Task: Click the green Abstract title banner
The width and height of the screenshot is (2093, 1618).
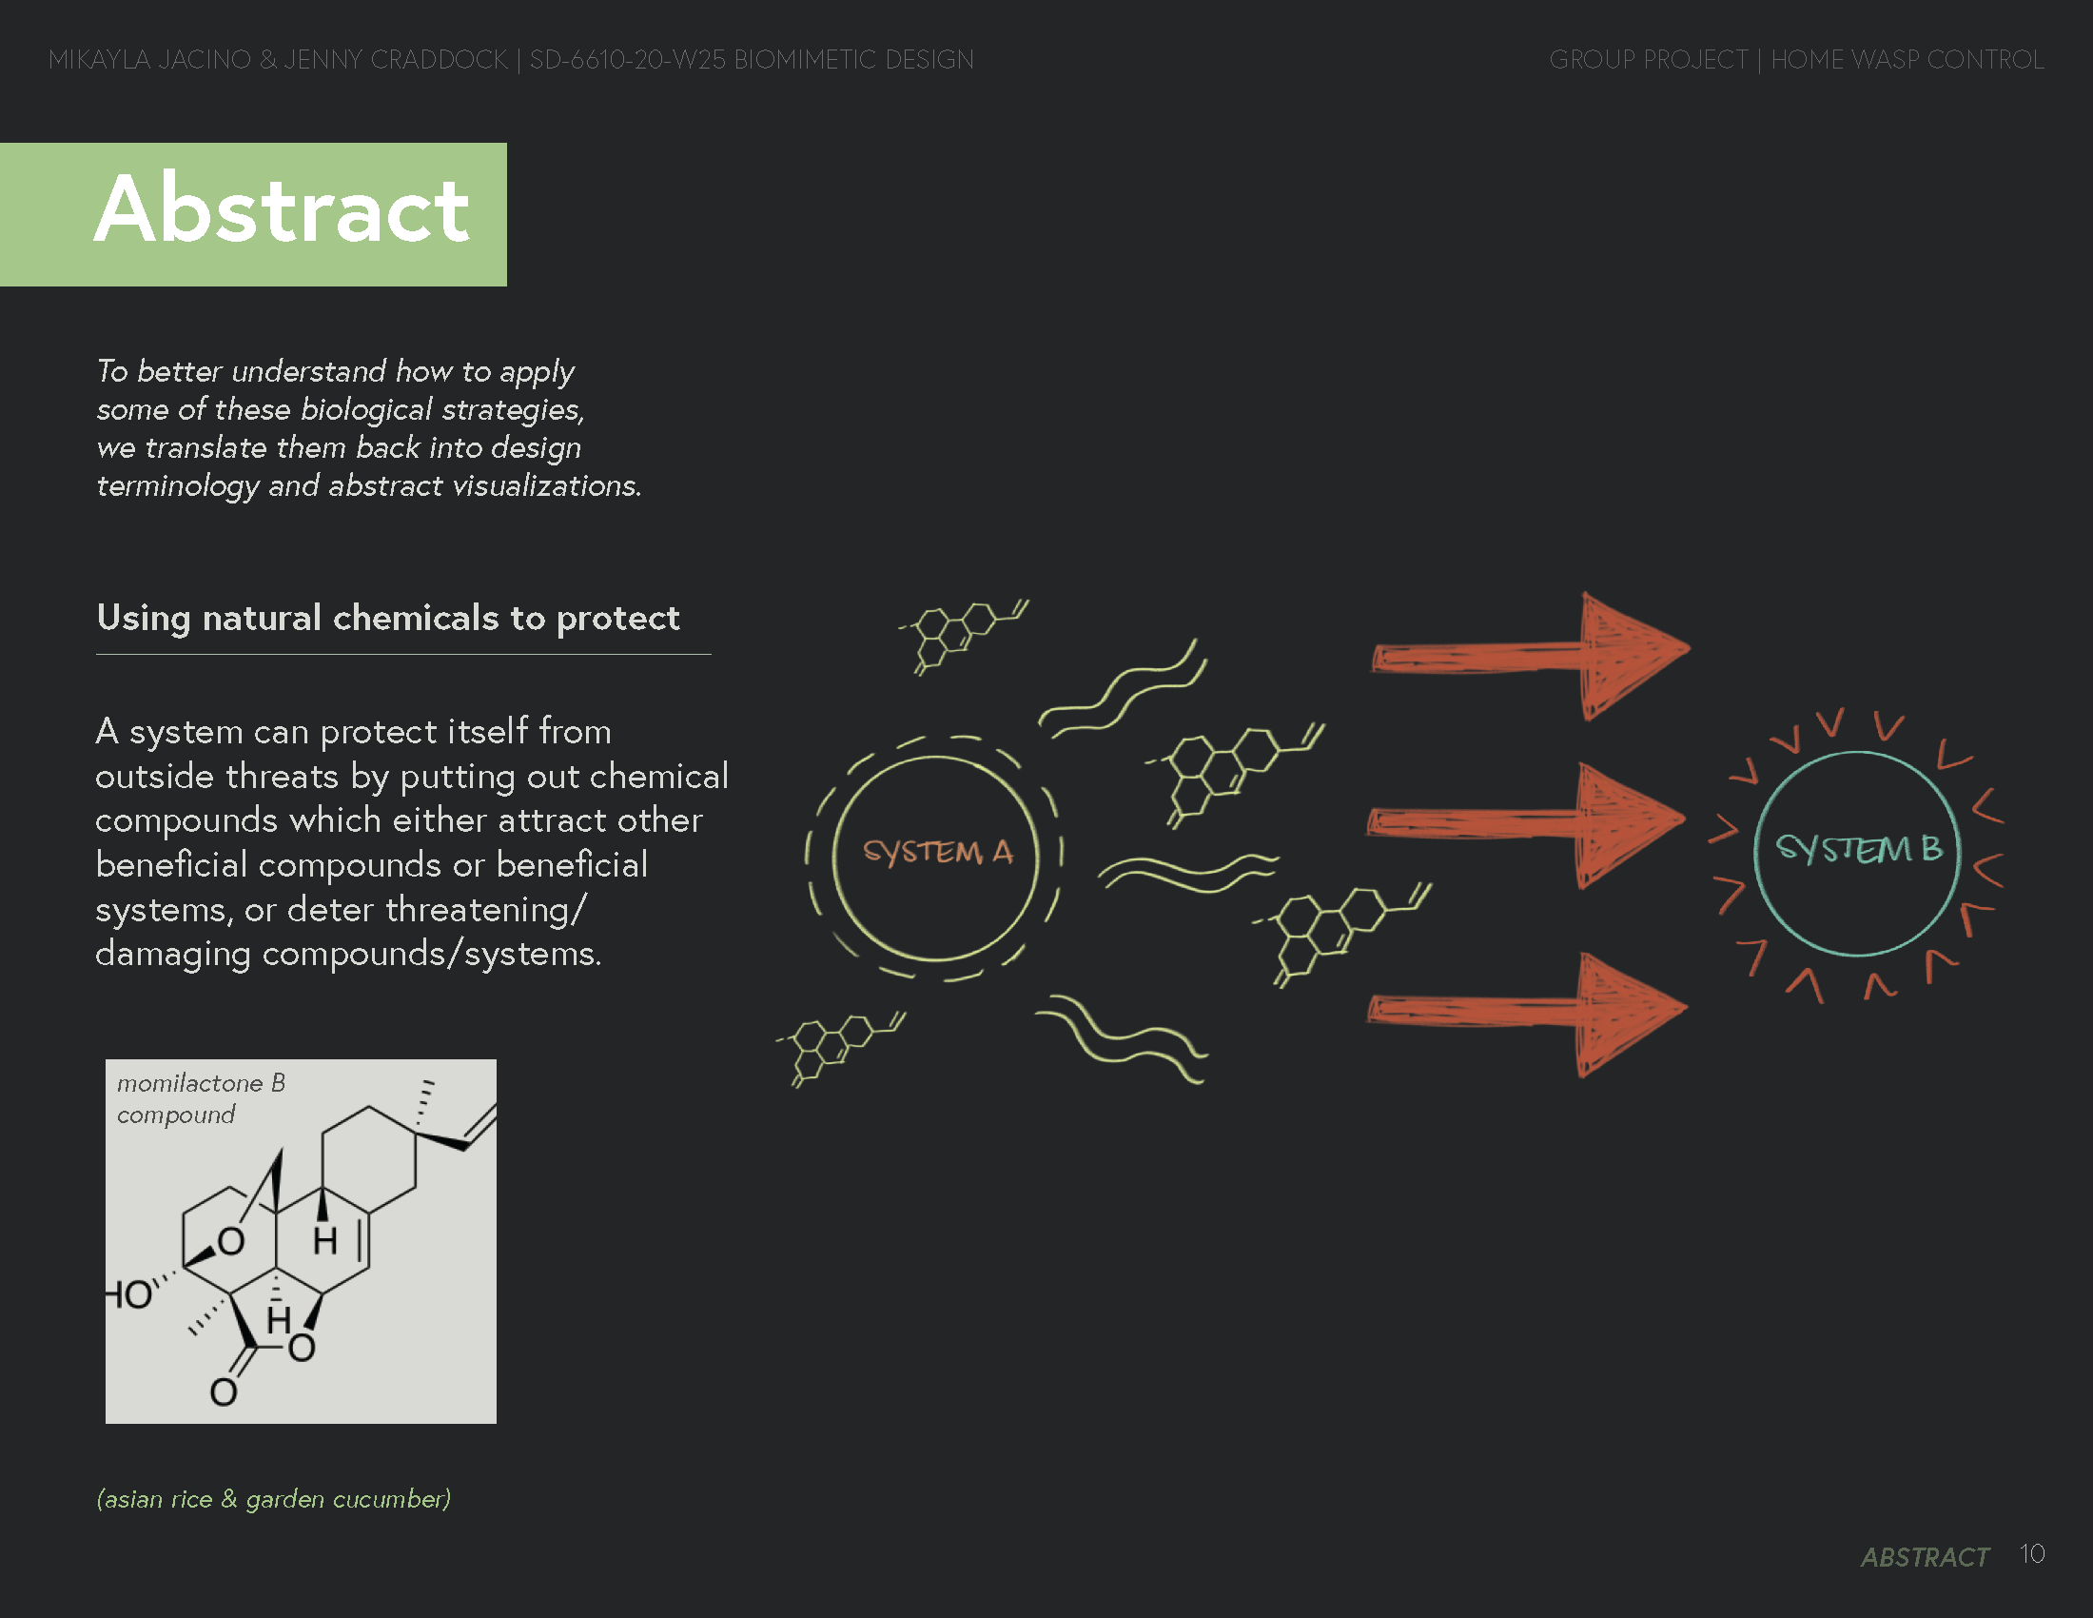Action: point(253,214)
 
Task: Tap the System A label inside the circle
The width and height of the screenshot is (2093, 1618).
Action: point(936,851)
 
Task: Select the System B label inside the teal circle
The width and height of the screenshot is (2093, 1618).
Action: point(1858,848)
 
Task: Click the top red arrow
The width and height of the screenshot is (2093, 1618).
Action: point(1531,655)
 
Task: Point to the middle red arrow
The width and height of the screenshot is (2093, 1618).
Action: point(1526,822)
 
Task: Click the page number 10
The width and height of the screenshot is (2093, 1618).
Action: point(2032,1554)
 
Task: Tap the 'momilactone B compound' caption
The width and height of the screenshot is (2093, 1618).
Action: point(201,1098)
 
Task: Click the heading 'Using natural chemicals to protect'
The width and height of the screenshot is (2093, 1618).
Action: point(388,619)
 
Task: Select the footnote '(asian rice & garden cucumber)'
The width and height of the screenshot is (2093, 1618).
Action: point(273,1499)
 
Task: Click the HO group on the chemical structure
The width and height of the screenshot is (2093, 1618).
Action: point(129,1294)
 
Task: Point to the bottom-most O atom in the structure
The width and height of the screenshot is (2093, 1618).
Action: point(224,1391)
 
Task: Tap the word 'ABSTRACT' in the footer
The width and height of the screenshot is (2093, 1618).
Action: point(1925,1557)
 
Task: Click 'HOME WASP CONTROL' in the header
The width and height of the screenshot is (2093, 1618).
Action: point(1907,59)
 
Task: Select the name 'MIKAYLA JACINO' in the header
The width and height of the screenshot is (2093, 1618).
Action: point(148,59)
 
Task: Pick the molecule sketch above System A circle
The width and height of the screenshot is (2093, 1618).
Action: point(962,634)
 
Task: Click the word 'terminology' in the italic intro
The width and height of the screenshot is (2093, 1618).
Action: point(177,486)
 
